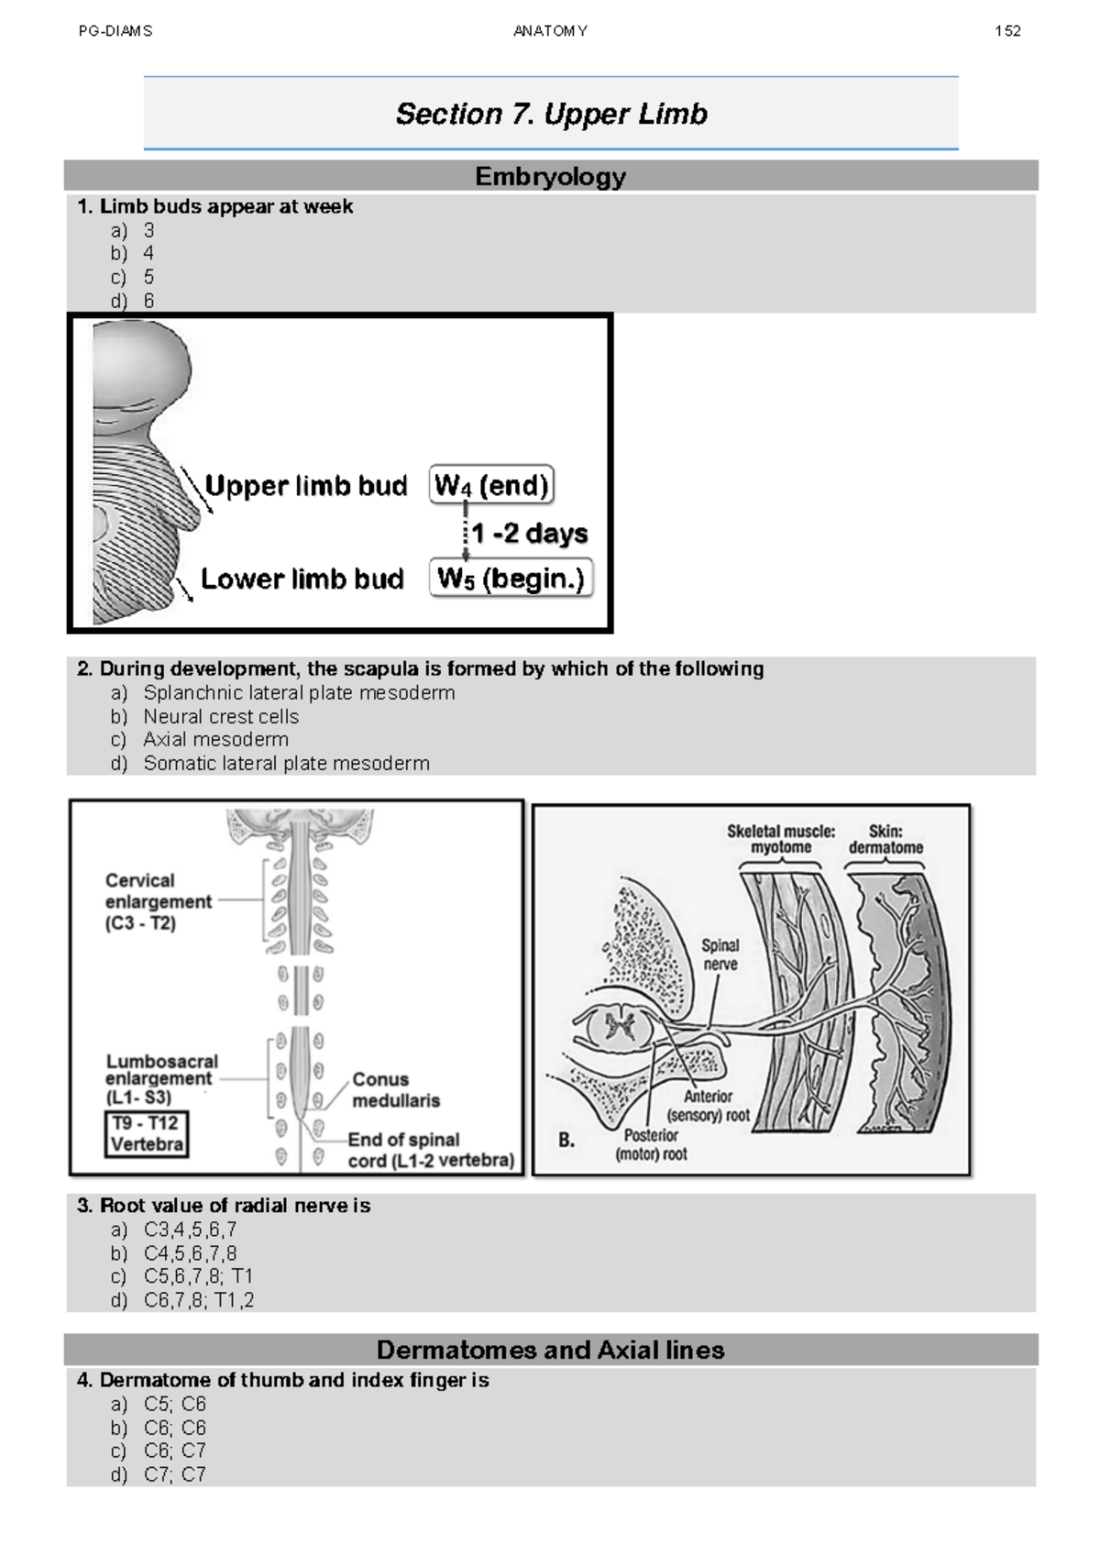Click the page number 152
(1006, 31)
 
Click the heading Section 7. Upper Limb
(551, 114)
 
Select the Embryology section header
(550, 176)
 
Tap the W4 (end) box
(491, 485)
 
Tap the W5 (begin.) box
(511, 579)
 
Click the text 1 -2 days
(529, 533)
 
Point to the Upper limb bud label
(305, 485)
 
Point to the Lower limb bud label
(302, 579)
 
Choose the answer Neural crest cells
(220, 716)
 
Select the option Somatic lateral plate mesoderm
(285, 763)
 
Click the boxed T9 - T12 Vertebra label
(147, 1133)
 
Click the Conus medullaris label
(395, 1089)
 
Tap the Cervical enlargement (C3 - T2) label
(157, 901)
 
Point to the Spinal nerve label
(720, 954)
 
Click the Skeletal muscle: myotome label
(781, 839)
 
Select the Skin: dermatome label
(885, 839)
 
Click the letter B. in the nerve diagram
(566, 1141)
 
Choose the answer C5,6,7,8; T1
(197, 1276)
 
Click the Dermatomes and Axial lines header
(550, 1350)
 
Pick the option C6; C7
(174, 1451)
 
